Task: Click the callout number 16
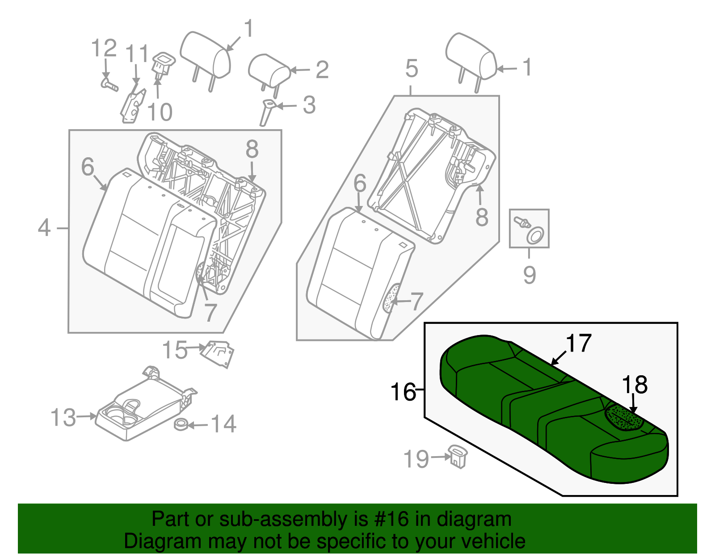[x=403, y=392]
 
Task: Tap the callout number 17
[x=579, y=343]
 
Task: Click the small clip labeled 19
[x=457, y=456]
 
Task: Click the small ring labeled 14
[x=181, y=424]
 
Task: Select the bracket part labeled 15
[x=218, y=353]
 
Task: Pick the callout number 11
[x=136, y=54]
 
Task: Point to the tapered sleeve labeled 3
[x=267, y=113]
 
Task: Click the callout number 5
[x=412, y=68]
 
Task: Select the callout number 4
[x=44, y=228]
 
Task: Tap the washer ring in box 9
[x=535, y=236]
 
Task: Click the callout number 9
[x=530, y=274]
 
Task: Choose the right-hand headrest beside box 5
[x=470, y=57]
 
